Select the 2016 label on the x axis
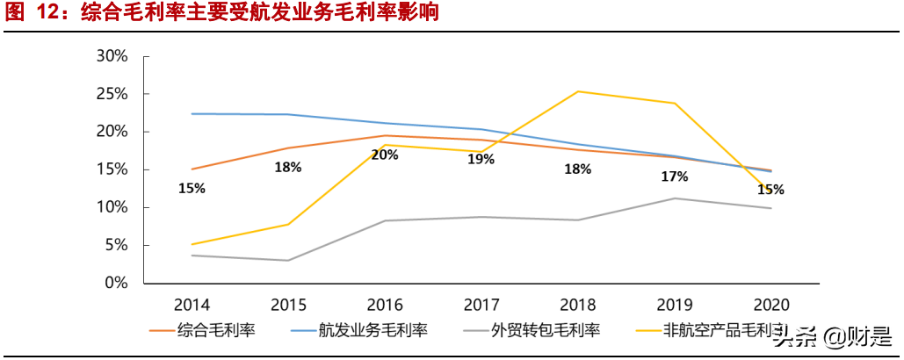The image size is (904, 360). pos(385,305)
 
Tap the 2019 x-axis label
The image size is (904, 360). pos(675,305)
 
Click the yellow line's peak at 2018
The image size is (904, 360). pos(578,91)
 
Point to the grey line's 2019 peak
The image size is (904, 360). pos(675,198)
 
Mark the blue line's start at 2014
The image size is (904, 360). pos(192,113)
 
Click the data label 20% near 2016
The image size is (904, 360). pos(385,155)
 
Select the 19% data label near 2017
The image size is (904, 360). pos(481,159)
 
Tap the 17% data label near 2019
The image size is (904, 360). pos(674,176)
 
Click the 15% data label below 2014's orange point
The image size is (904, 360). pos(192,188)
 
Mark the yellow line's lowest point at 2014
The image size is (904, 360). pos(192,244)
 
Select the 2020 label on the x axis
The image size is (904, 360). pos(771,305)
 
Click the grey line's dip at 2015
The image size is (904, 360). pos(288,260)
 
